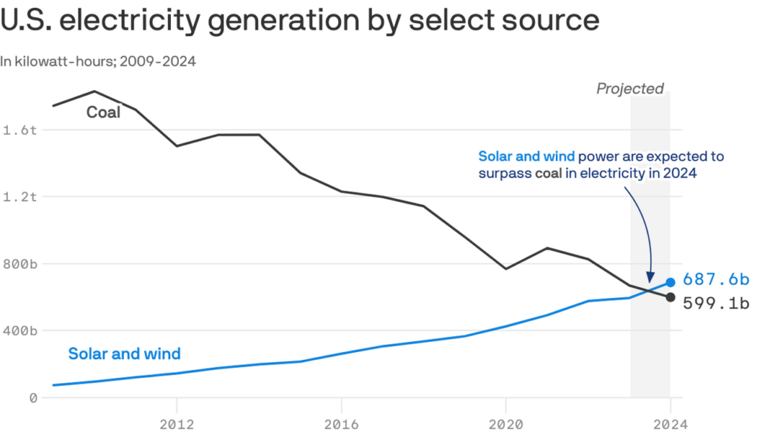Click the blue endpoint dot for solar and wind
pyautogui.click(x=671, y=282)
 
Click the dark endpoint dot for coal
pyautogui.click(x=671, y=297)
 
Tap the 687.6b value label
pyautogui.click(x=716, y=279)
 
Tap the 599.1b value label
pyautogui.click(x=716, y=303)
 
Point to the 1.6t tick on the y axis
pyautogui.click(x=19, y=130)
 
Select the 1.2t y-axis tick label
pyautogui.click(x=19, y=197)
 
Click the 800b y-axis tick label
pyautogui.click(x=19, y=264)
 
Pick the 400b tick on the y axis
pyautogui.click(x=19, y=330)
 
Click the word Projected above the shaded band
pyautogui.click(x=629, y=89)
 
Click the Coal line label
pyautogui.click(x=104, y=112)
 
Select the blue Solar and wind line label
pyautogui.click(x=124, y=354)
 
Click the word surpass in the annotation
pyautogui.click(x=504, y=174)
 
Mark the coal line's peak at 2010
pyautogui.click(x=94, y=91)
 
